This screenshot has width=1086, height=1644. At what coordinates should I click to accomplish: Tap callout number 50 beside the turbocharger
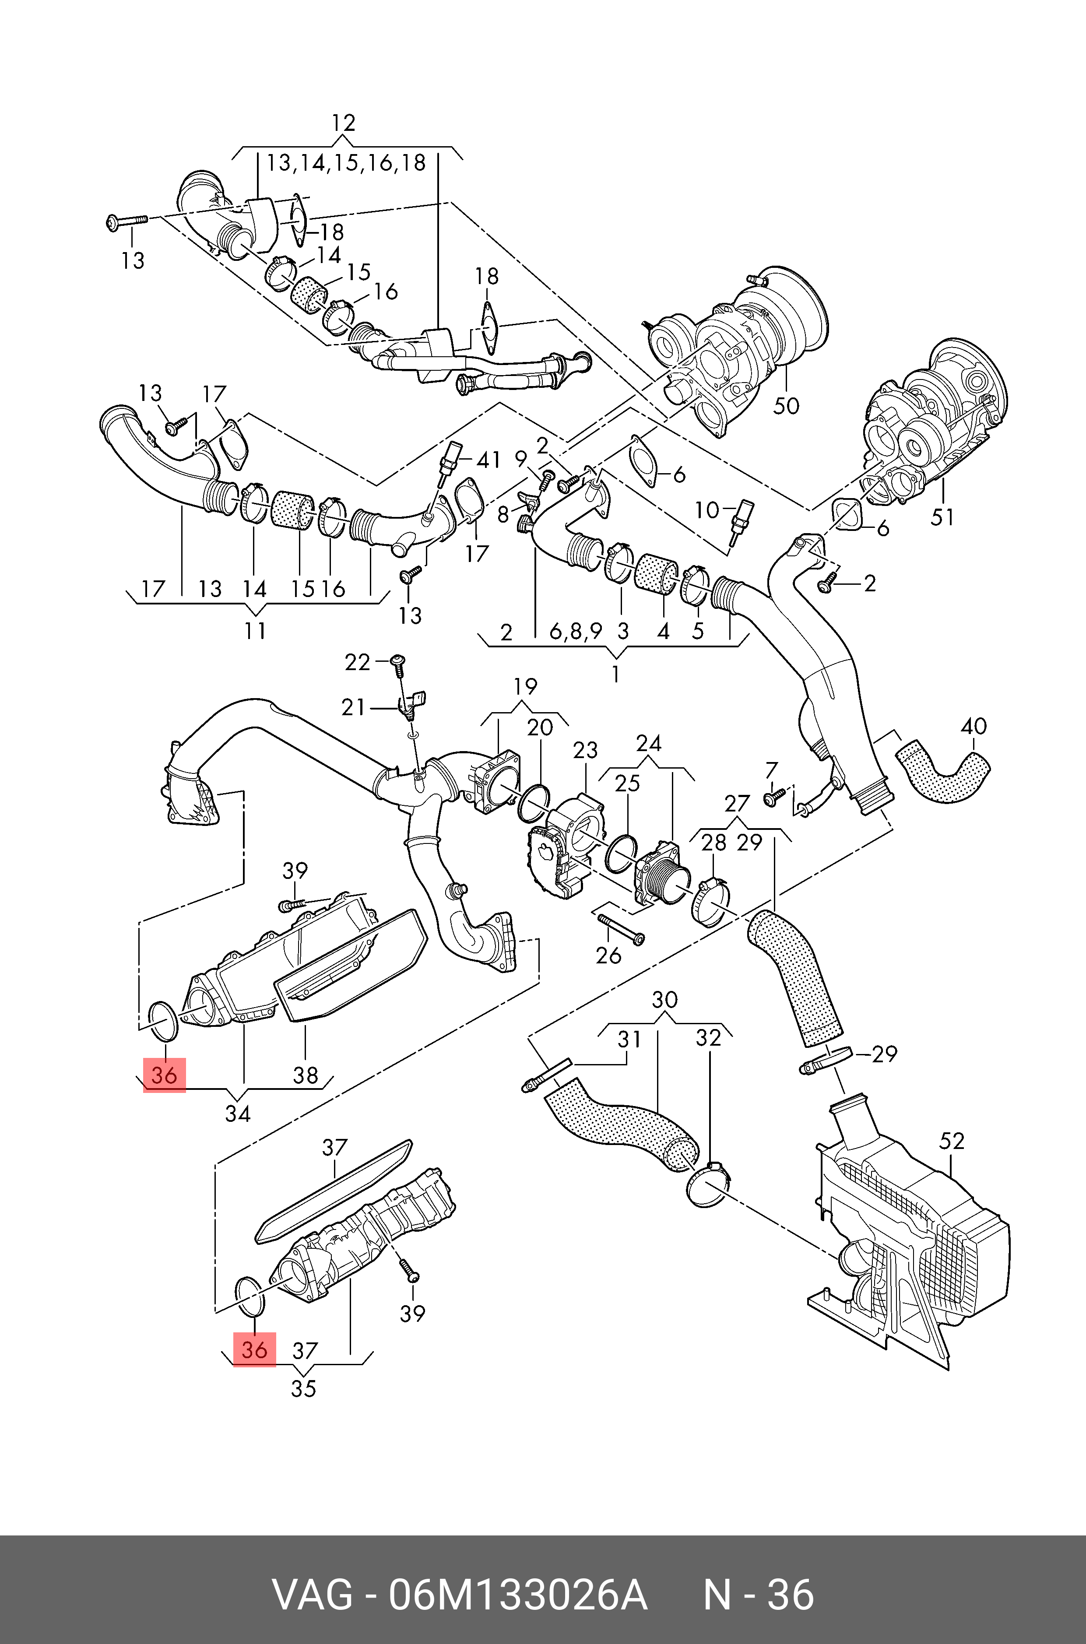click(786, 406)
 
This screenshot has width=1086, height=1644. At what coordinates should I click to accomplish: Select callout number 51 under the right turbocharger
click(942, 516)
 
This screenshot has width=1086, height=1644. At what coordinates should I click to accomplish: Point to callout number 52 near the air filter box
click(952, 1141)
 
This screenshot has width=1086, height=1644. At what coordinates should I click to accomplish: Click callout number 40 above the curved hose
click(974, 727)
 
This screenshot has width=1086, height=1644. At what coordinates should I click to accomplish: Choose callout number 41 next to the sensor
click(489, 460)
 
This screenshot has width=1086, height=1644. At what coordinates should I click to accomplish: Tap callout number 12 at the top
click(344, 123)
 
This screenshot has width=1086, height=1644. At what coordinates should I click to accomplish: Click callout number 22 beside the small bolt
click(357, 663)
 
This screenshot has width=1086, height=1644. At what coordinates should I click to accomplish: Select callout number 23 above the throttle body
click(585, 750)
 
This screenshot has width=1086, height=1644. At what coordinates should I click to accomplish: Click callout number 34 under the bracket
click(238, 1114)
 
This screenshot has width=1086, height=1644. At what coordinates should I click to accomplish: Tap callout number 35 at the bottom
click(303, 1388)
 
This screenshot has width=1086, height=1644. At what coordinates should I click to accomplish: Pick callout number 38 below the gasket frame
click(306, 1075)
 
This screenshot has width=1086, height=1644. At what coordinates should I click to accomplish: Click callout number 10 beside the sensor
click(706, 510)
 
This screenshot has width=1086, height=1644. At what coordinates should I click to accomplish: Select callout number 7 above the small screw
click(772, 770)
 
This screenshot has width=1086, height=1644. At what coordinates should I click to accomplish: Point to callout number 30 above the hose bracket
click(665, 999)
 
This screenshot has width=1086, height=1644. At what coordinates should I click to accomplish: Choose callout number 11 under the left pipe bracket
click(255, 631)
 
